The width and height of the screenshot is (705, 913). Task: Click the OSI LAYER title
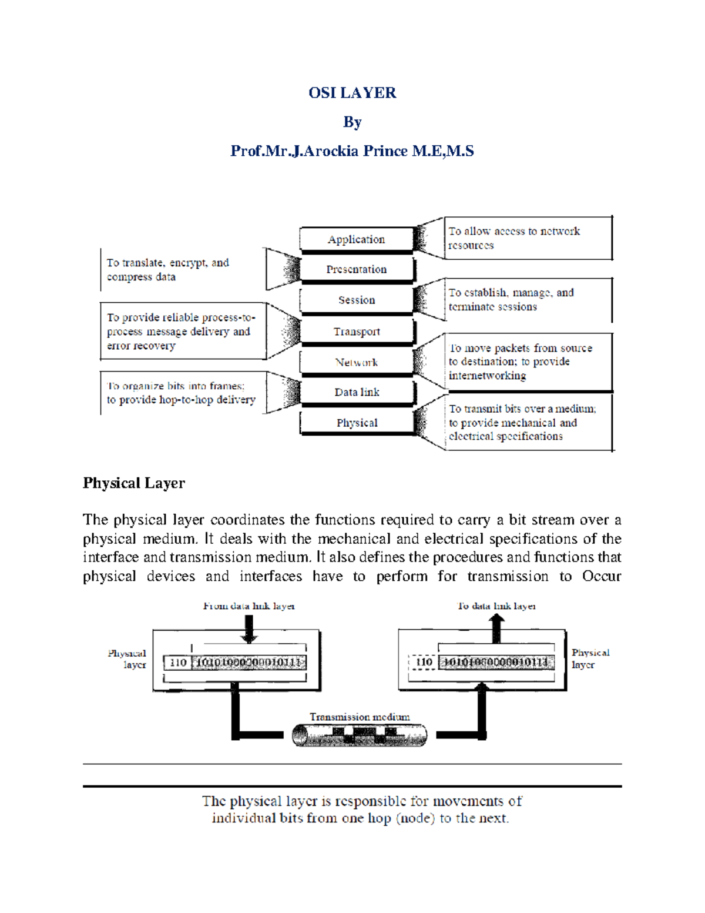pos(352,93)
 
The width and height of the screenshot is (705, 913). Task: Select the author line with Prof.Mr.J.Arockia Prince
pos(352,151)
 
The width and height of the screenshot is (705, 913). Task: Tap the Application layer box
pos(357,239)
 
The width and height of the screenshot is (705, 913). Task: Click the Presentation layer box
pos(357,269)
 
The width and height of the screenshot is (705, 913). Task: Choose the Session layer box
pos(357,300)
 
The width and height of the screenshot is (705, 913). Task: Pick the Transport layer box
pos(357,332)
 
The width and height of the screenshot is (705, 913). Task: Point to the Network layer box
pos(357,362)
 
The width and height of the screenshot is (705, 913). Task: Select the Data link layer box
pos(357,392)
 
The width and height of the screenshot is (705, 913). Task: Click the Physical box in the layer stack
pos(357,423)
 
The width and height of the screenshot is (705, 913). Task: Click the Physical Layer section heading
pos(134,483)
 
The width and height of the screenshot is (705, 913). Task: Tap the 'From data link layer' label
pos(249,606)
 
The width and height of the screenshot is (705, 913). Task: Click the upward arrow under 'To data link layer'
pos(497,628)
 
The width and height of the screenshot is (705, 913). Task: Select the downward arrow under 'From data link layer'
pos(249,629)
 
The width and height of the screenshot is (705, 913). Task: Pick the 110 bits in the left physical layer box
pos(178,663)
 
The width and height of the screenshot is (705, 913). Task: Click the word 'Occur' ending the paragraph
pos(601,576)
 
